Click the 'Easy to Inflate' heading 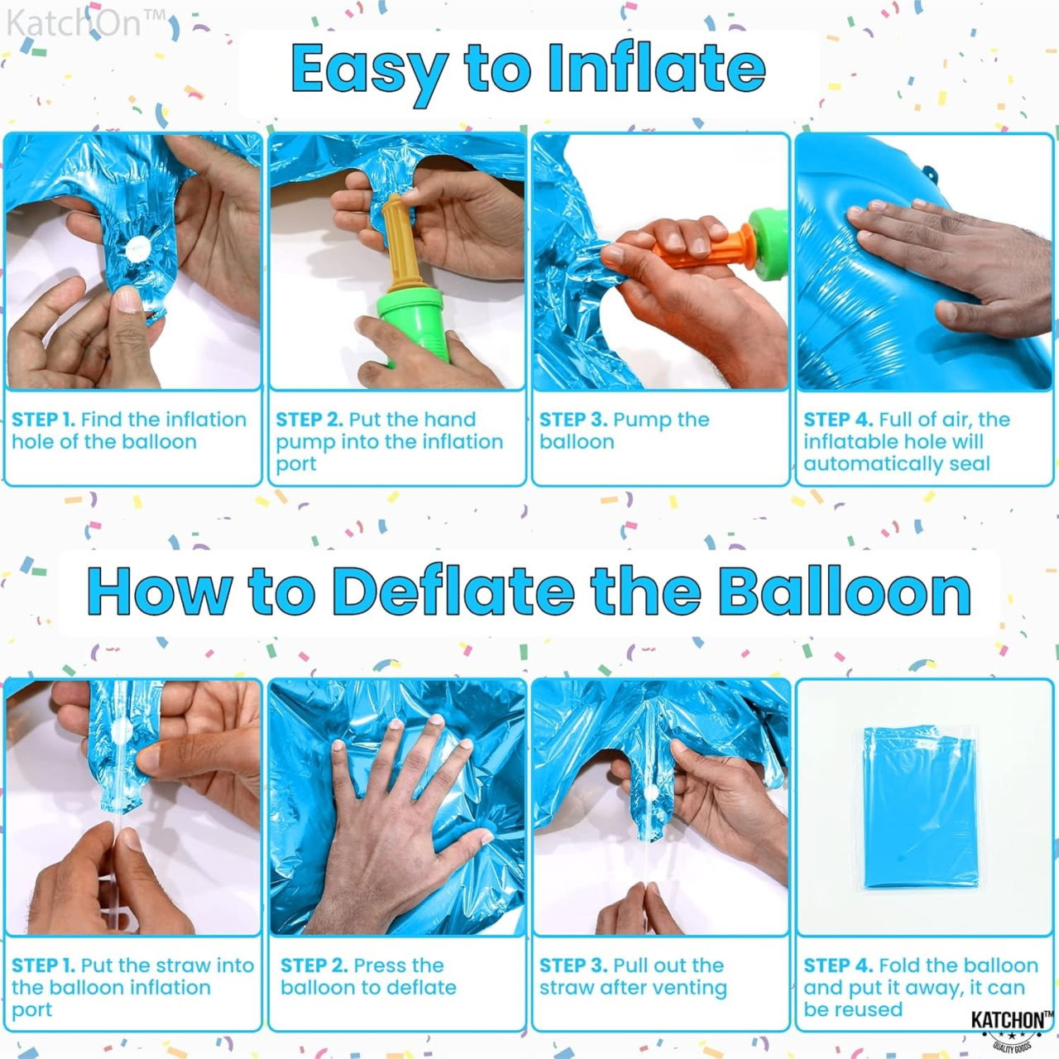(x=528, y=69)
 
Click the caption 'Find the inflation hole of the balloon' (x=129, y=430)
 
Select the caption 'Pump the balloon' (x=624, y=430)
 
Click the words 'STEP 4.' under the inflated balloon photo (x=837, y=419)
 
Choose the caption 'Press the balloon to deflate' (x=368, y=976)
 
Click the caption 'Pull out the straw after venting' (x=633, y=976)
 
